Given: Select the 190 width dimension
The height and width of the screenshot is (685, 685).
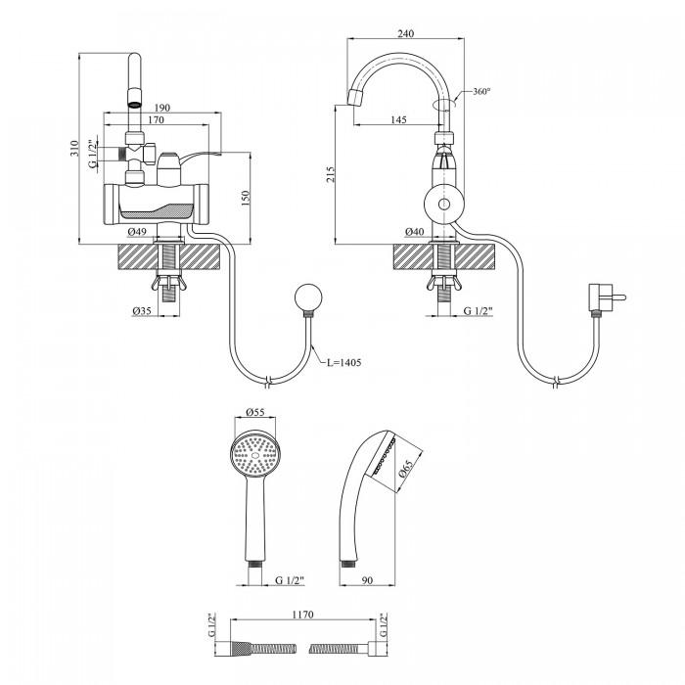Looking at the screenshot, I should [162, 107].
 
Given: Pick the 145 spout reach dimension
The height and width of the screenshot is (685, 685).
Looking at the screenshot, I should [397, 119].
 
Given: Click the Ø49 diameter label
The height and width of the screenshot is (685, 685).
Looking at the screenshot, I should [139, 231].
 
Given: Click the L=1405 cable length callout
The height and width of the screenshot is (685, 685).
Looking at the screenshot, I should [343, 362].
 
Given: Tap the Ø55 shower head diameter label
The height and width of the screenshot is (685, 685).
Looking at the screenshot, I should [256, 412].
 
